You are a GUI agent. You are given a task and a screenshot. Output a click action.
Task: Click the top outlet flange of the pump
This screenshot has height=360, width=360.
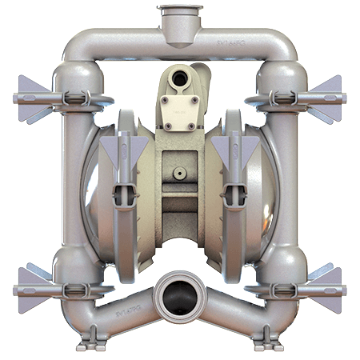pos(179,12)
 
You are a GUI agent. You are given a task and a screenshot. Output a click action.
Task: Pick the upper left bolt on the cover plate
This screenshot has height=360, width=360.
pos(169,102)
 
